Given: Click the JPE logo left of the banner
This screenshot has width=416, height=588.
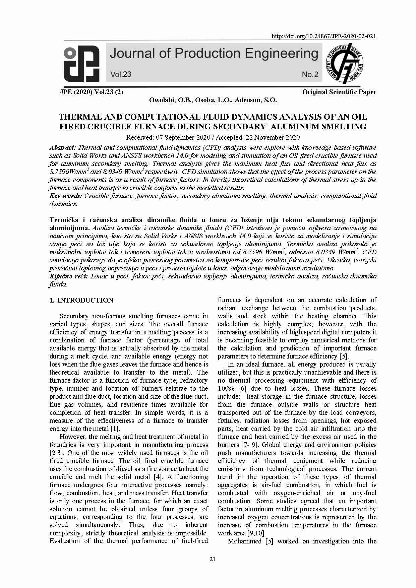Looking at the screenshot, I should [x=81, y=64].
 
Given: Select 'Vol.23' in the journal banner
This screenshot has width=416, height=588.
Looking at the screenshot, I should [x=121, y=74].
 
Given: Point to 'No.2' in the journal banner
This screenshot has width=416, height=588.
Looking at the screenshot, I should [x=310, y=74].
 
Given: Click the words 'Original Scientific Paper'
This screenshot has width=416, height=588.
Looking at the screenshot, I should [x=339, y=92].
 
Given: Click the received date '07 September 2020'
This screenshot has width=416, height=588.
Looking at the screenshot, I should [x=181, y=137].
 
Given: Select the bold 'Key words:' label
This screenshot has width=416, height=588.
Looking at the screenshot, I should [x=66, y=196].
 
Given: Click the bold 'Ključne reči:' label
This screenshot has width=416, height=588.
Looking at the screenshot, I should [x=69, y=276].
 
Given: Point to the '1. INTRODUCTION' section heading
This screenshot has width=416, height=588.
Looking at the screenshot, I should [x=81, y=300].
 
